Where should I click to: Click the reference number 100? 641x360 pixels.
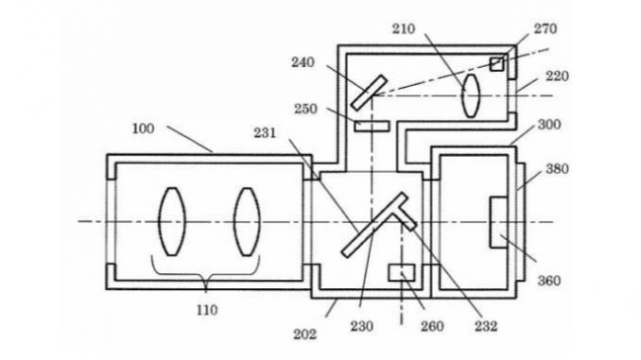tap(144, 129)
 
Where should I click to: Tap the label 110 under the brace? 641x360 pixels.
tap(207, 310)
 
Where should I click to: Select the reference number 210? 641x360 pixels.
tap(404, 29)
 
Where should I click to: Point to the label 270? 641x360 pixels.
tap(545, 29)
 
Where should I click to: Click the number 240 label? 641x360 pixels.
tap(303, 62)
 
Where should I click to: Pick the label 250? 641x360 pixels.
tap(306, 109)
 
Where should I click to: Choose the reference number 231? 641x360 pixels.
tap(265, 133)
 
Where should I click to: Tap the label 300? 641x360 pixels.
tap(549, 124)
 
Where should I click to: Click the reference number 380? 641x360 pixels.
tap(557, 169)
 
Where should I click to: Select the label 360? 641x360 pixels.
tap(548, 281)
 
